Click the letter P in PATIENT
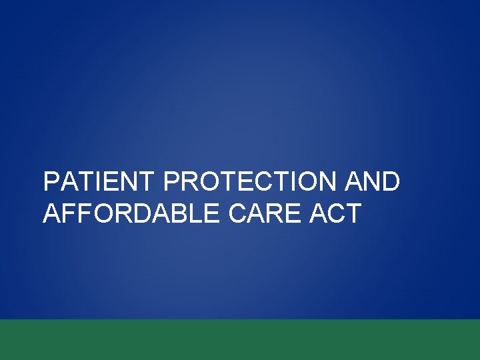tap(51, 182)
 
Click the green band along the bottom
tap(240, 340)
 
